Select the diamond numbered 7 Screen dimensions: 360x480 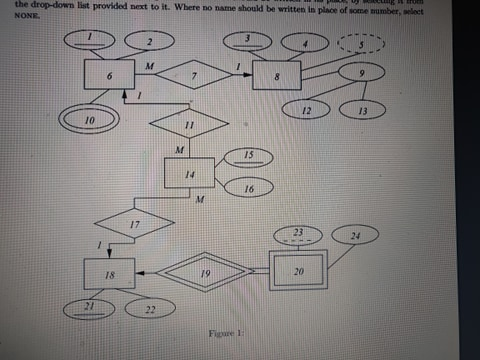tap(193, 75)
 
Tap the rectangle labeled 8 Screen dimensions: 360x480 tap(275, 75)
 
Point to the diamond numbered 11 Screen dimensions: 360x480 tap(188, 126)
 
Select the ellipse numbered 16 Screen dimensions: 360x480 tap(249, 188)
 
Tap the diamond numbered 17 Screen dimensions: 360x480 tap(132, 224)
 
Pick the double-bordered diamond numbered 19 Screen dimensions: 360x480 tap(205, 272)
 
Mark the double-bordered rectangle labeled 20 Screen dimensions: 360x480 tap(298, 271)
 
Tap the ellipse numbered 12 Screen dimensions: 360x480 tap(307, 110)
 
